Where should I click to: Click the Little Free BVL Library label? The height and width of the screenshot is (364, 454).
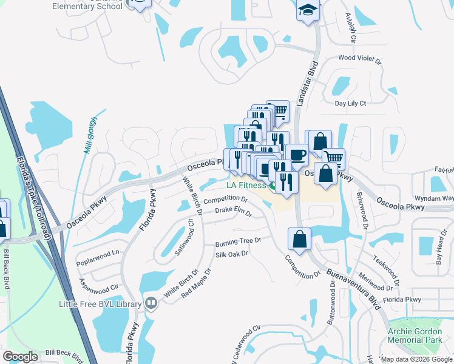(x=100, y=304)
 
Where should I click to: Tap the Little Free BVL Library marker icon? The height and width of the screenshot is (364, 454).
(x=151, y=303)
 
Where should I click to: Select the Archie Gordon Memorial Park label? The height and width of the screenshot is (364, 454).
(x=418, y=337)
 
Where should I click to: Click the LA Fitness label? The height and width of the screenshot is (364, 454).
(x=246, y=185)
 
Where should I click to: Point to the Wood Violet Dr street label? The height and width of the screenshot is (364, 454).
(x=359, y=60)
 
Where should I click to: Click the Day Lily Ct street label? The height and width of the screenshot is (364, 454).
(x=351, y=103)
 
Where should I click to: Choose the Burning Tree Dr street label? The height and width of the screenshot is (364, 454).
(x=237, y=241)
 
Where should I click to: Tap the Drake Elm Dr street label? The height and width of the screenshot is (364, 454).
(x=234, y=211)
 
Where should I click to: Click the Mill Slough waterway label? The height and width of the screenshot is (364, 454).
(x=90, y=135)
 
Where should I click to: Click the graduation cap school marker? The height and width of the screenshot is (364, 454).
(x=308, y=10)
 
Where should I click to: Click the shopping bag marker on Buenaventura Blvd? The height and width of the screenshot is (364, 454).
(x=300, y=238)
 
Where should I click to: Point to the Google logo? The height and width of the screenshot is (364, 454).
(x=21, y=357)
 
